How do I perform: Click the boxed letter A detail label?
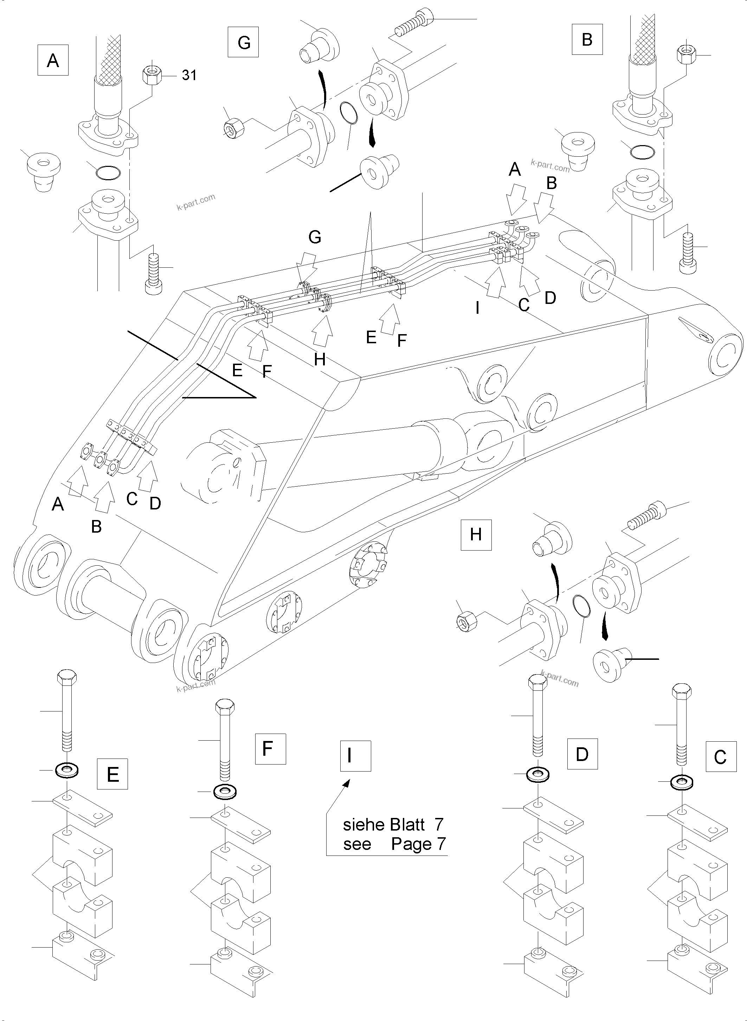coord(53,60)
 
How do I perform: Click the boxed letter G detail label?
coord(243,42)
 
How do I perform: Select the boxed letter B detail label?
coord(587,39)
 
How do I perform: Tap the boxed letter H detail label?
coord(476,535)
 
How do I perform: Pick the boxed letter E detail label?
coord(112,774)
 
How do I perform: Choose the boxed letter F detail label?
coord(270,749)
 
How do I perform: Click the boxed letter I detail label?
coord(355,756)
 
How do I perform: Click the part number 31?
coord(189,75)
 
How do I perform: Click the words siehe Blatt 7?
coord(393,825)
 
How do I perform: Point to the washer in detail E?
coord(66,770)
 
